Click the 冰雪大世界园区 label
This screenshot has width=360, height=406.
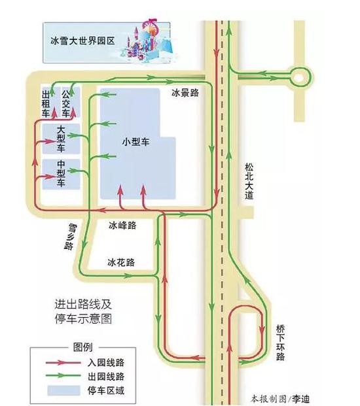82,41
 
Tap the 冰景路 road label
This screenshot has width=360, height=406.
185,92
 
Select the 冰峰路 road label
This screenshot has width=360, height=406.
122,226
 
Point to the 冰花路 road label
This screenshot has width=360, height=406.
121,263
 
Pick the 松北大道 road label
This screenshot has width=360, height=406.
249,181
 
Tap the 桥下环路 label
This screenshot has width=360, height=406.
280,343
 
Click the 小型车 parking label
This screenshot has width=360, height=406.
135,142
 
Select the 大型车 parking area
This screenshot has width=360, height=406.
61,139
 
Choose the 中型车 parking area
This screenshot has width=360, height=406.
61,175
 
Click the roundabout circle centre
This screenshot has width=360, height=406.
298,77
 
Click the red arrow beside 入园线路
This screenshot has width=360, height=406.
63,362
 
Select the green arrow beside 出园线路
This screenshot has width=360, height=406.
63,375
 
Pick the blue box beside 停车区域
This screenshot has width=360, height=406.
63,390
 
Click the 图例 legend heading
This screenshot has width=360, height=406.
83,347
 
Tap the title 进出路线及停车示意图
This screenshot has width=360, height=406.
83,311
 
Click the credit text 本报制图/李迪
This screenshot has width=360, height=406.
280,399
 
